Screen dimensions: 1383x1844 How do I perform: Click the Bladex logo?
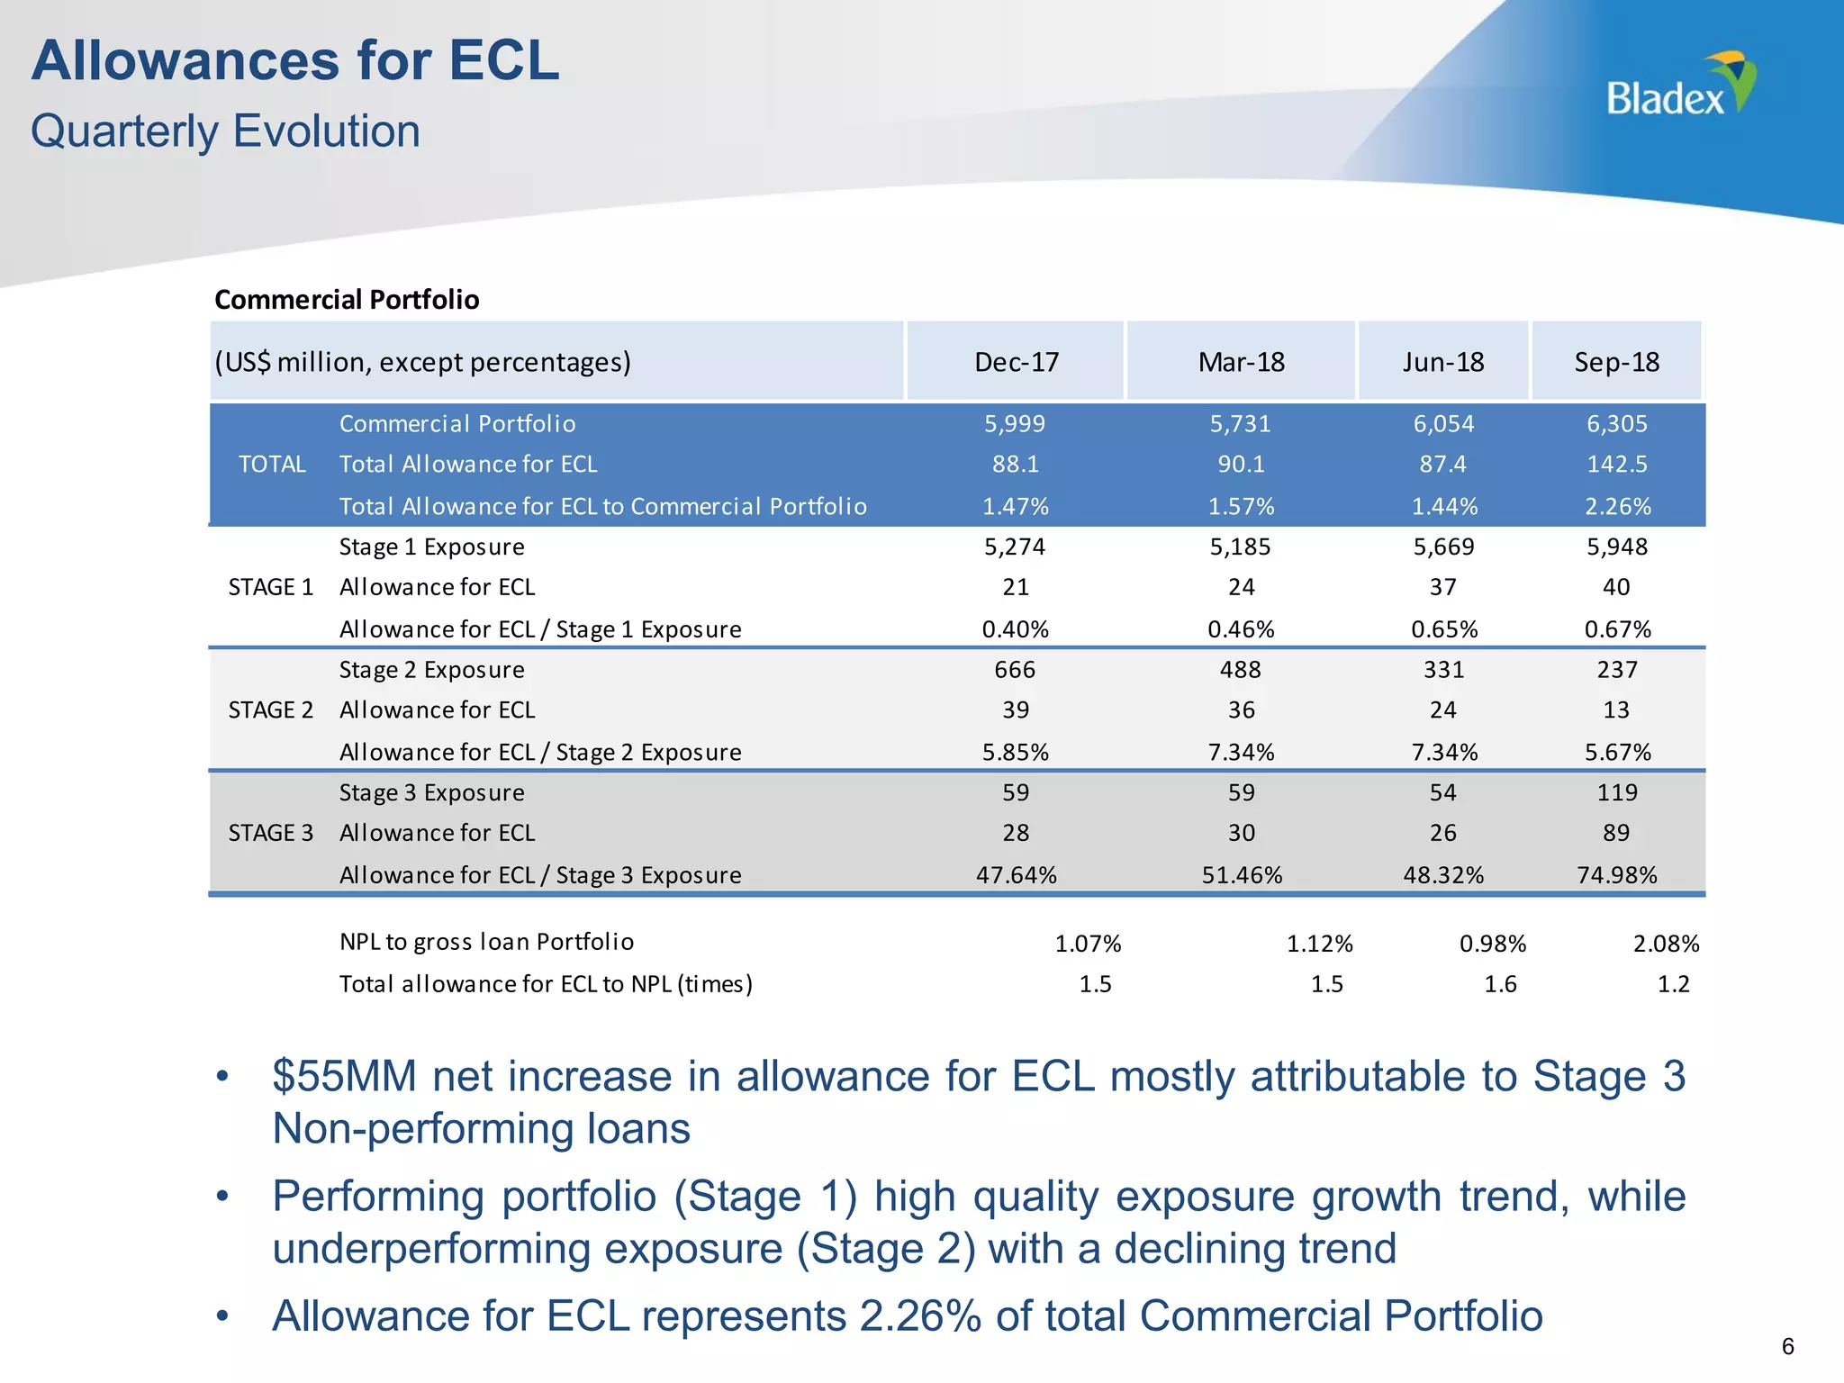[1680, 86]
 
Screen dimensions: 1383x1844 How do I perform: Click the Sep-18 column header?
[1616, 362]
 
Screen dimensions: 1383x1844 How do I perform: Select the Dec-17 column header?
[1017, 362]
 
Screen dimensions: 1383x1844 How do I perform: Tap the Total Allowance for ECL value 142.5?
[1617, 465]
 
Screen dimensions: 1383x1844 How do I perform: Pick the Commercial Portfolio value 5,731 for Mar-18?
[1241, 424]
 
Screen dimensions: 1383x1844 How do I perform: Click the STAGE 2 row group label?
[270, 710]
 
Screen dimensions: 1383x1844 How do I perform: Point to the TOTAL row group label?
[272, 465]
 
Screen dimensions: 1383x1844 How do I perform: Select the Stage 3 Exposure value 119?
[1617, 793]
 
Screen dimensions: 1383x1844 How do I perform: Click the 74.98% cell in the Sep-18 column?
[1617, 875]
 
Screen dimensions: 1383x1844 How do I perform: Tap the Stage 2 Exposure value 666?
[1016, 670]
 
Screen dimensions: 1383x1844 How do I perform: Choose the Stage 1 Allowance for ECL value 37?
[1442, 588]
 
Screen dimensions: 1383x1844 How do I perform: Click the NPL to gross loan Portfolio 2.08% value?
[1666, 944]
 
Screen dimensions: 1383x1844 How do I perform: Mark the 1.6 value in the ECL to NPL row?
[1500, 984]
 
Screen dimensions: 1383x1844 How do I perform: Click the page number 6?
[1787, 1346]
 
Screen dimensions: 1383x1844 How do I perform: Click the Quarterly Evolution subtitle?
[225, 131]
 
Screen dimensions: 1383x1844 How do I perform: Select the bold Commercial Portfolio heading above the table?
[347, 300]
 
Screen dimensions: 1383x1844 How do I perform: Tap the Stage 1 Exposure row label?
[432, 547]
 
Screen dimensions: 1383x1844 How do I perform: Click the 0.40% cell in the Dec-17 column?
[1016, 629]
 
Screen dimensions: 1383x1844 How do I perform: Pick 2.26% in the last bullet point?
[919, 1316]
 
